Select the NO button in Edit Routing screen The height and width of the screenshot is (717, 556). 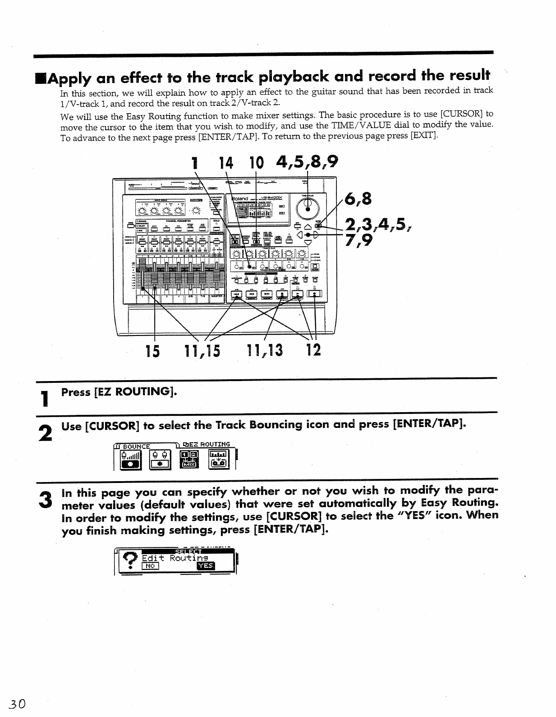(x=150, y=566)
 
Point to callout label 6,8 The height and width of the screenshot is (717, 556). (x=358, y=198)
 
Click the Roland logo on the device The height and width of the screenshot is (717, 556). (x=240, y=199)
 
